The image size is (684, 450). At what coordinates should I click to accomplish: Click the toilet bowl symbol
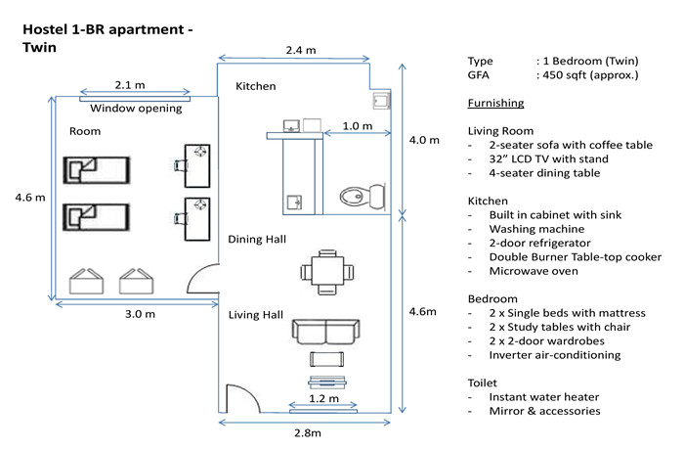coord(363,197)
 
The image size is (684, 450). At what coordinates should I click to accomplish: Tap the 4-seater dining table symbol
coord(326,272)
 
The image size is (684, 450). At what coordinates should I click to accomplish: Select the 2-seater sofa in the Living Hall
coord(325,332)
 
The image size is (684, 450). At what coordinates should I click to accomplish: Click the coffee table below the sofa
coord(326,359)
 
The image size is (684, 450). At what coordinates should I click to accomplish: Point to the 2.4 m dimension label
coord(301,50)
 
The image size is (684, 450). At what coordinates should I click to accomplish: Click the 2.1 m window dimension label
coord(130,85)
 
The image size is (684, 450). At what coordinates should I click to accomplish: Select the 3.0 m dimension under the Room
coord(140,314)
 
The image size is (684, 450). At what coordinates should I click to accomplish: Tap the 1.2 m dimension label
coord(323,398)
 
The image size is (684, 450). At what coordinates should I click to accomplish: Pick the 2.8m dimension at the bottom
coord(308,433)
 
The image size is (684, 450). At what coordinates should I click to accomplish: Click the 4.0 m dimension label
coord(424,140)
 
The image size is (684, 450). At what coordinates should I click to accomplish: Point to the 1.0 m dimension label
coord(358,126)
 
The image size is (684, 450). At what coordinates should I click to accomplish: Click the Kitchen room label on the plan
coord(256,86)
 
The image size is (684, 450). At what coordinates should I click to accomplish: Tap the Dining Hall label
coord(257,240)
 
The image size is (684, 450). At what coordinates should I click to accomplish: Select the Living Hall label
coord(256,315)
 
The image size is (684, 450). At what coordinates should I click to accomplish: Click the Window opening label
coord(136,109)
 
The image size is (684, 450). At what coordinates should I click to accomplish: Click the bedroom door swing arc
coord(195,272)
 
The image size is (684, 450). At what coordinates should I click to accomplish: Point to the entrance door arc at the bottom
coord(252,392)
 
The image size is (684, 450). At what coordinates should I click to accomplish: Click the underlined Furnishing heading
coord(495,103)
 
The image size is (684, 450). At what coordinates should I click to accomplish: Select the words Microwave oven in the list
coord(534,271)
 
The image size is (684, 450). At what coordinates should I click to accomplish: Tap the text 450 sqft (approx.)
coord(590,75)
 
